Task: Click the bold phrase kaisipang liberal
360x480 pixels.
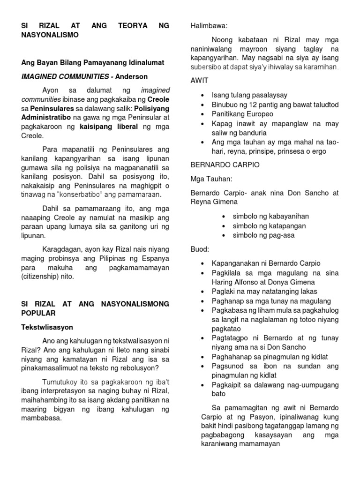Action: [109, 127]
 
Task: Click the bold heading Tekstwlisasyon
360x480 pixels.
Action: [47, 327]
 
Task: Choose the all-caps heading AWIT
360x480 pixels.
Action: [199, 80]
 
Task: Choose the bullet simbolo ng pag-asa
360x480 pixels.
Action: [263, 235]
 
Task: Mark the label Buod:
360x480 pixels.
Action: [200, 249]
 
